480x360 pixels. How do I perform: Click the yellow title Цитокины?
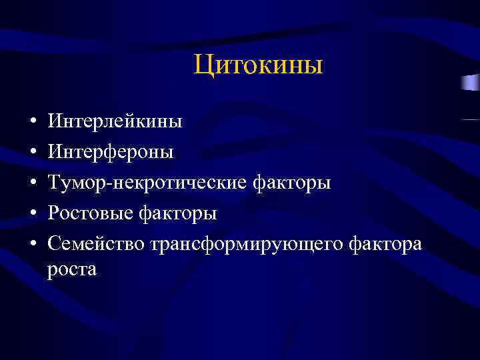[259, 66]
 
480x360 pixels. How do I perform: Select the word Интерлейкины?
[114, 122]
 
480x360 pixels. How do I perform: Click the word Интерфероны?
[111, 152]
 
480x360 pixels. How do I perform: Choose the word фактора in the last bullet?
[386, 244]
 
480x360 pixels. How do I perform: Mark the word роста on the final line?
[72, 269]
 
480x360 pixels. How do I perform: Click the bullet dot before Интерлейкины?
[32, 123]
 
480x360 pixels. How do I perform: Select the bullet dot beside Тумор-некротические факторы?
[32, 184]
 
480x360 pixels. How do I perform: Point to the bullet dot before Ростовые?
[32, 215]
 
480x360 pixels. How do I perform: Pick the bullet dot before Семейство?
[32, 245]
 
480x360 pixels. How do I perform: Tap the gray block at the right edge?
[470, 83]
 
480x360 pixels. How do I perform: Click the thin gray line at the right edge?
[470, 119]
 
